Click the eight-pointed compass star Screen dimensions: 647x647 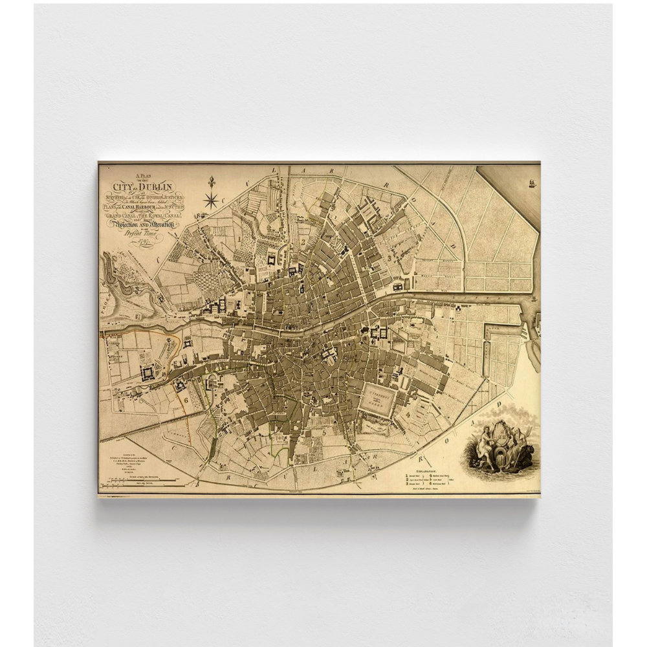click(x=211, y=201)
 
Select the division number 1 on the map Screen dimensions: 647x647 click(x=240, y=238)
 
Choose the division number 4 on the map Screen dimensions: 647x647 click(x=409, y=414)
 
